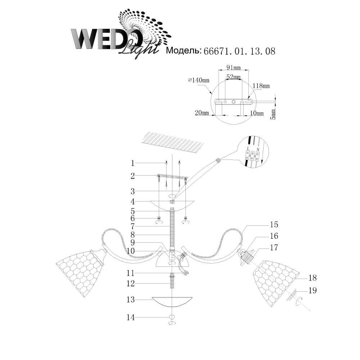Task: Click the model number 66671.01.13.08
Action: pyautogui.click(x=239, y=51)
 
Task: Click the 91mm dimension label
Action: pyautogui.click(x=234, y=68)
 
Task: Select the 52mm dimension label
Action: pyautogui.click(x=234, y=77)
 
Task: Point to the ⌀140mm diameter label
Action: pyautogui.click(x=199, y=80)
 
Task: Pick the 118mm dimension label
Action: pyautogui.click(x=261, y=86)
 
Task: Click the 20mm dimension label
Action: pyautogui.click(x=202, y=113)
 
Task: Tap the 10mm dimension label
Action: pyautogui.click(x=257, y=113)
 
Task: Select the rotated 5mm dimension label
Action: pyautogui.click(x=273, y=114)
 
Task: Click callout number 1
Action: pyautogui.click(x=132, y=163)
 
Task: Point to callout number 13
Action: pyautogui.click(x=130, y=300)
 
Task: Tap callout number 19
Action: pyautogui.click(x=312, y=291)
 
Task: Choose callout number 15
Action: pyautogui.click(x=274, y=224)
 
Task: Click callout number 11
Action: pyautogui.click(x=130, y=273)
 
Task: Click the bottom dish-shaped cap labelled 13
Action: pyautogui.click(x=172, y=303)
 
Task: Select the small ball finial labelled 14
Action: pyautogui.click(x=172, y=317)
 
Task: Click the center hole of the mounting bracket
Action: pyautogui.click(x=234, y=102)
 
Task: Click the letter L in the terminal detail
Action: pyautogui.click(x=248, y=149)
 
